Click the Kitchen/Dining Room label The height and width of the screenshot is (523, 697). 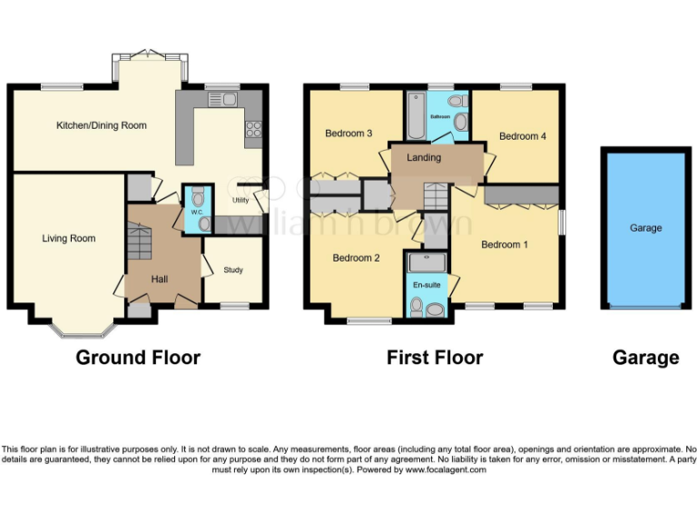102,125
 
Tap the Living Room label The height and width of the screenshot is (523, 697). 69,239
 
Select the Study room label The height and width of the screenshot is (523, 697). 233,270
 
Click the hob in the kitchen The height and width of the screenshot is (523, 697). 254,131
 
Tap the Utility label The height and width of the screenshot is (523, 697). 241,200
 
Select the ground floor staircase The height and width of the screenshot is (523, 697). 138,242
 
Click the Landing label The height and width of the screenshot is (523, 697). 424,157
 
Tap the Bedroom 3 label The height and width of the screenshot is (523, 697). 348,133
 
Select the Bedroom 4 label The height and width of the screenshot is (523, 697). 523,136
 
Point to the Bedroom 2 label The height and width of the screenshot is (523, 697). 356,258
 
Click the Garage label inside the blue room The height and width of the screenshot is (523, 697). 646,228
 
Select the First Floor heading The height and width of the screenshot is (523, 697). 435,358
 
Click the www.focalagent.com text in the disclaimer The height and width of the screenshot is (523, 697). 446,470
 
